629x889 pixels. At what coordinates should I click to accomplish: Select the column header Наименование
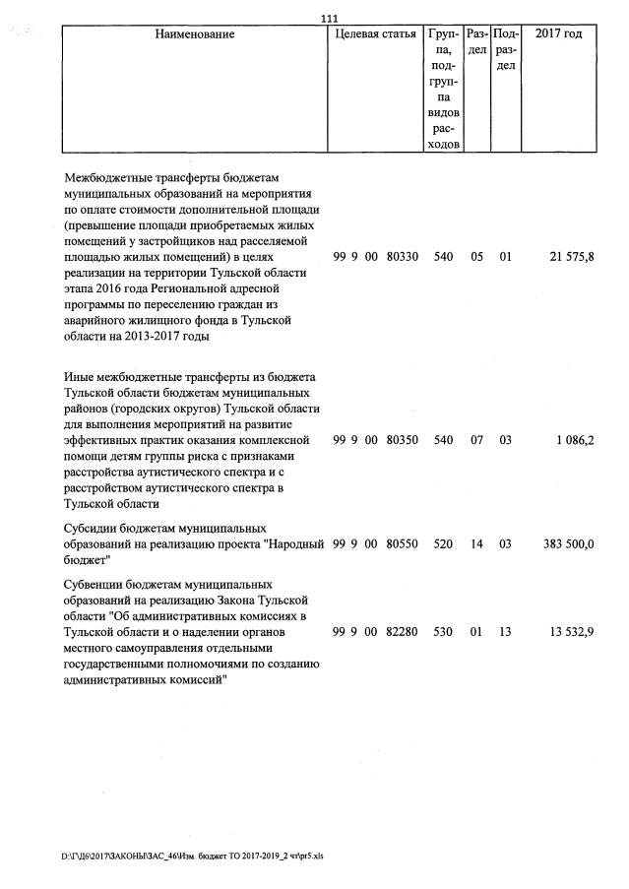(195, 34)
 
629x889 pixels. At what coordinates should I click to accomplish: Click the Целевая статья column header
(376, 34)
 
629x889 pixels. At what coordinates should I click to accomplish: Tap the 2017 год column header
(558, 34)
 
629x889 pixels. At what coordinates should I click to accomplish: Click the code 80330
(404, 257)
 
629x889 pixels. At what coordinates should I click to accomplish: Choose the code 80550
(404, 543)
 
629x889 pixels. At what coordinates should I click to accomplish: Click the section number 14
(476, 543)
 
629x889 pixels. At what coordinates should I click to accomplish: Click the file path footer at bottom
(192, 857)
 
